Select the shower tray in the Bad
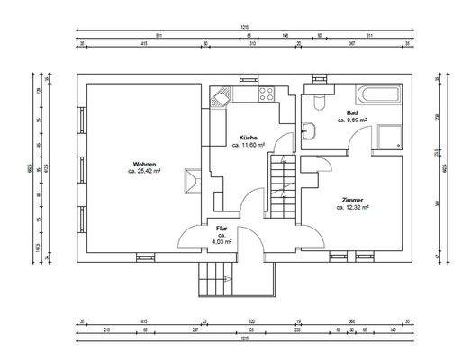click(389, 135)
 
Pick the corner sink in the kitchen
click(220, 94)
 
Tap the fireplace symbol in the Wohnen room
click(192, 182)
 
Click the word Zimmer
click(353, 200)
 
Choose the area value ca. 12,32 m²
click(353, 207)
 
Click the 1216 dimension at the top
click(243, 27)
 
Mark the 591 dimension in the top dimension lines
click(159, 35)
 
